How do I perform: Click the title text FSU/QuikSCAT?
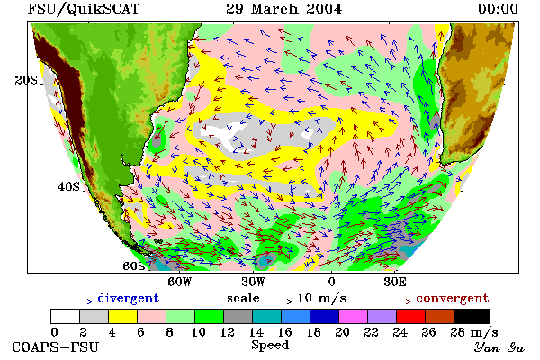[x=84, y=9]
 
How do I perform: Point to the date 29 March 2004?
[x=284, y=9]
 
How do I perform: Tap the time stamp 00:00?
[x=498, y=9]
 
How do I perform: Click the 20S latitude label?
[x=26, y=80]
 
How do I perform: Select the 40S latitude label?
[x=69, y=186]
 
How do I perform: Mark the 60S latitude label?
[x=133, y=266]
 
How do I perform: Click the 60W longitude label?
[x=179, y=282]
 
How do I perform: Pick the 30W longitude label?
[x=253, y=282]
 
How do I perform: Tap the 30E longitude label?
[x=395, y=282]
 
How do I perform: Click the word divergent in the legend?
[x=129, y=298]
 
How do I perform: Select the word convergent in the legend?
[x=453, y=298]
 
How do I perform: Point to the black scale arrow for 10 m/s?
[x=279, y=301]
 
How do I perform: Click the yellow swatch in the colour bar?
[x=122, y=316]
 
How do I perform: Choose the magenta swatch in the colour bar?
[x=354, y=316]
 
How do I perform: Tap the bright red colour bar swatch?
[x=411, y=316]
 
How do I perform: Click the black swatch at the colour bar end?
[x=472, y=316]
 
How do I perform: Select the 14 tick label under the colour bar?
[x=256, y=332]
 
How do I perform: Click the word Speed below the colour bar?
[x=270, y=346]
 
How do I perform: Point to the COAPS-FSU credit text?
[x=56, y=347]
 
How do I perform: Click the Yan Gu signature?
[x=499, y=347]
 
